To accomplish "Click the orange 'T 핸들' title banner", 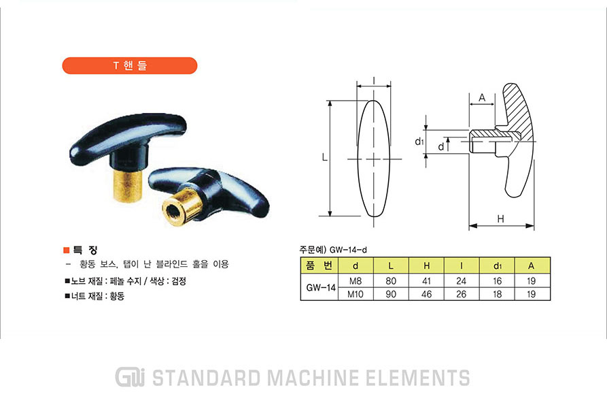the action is [130, 65].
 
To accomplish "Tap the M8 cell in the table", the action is [355, 281].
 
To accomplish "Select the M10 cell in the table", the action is [355, 294].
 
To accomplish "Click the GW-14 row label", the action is [321, 287].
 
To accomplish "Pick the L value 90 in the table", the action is [391, 294].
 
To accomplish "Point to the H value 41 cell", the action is [427, 281].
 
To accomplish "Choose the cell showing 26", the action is [462, 294].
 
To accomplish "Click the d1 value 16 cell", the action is [498, 281].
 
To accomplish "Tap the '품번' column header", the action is [319, 265].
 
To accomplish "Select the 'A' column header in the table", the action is [531, 265].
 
